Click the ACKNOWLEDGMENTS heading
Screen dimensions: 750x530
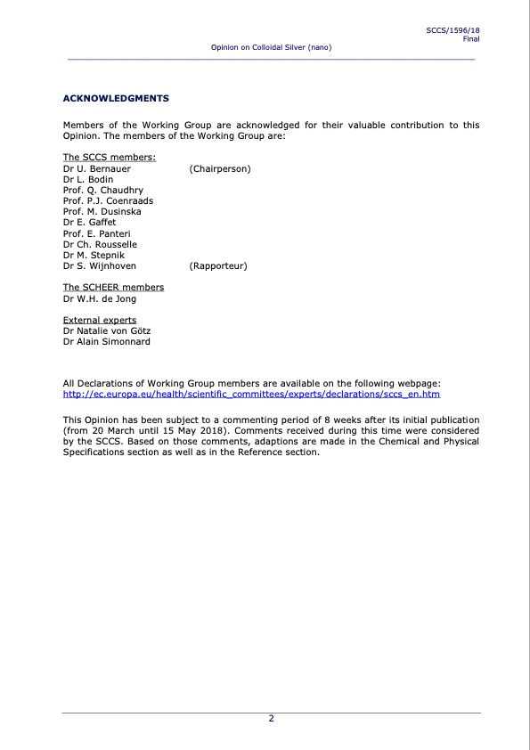tap(116, 97)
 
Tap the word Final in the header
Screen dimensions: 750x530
tap(471, 39)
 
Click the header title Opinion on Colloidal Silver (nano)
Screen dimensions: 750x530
tap(271, 46)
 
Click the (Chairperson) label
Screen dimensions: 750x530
tap(220, 168)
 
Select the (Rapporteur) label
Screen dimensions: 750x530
tap(218, 265)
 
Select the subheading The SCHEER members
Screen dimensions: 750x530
tap(113, 287)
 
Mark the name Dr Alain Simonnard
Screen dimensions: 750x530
tap(107, 341)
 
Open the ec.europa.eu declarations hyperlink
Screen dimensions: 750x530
tap(251, 393)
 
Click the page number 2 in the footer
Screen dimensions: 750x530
tap(272, 719)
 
